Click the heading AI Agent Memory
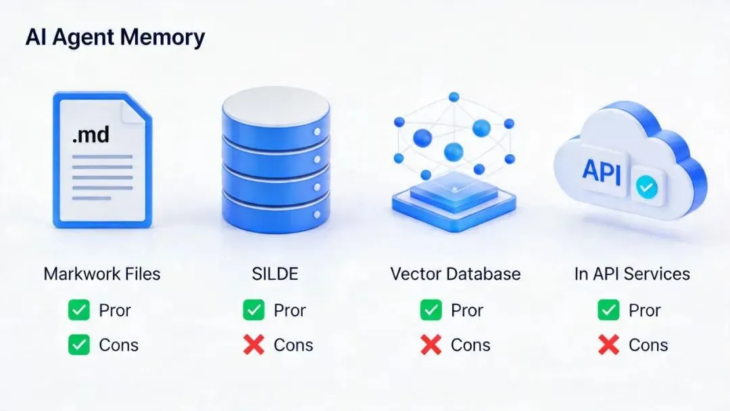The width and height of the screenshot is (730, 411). tap(115, 37)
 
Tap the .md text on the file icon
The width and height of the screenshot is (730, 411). tap(91, 135)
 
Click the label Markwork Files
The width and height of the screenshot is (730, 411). tap(102, 274)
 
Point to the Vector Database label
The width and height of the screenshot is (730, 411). tap(455, 274)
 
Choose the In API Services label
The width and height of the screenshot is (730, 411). tap(632, 274)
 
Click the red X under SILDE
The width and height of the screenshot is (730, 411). tap(253, 345)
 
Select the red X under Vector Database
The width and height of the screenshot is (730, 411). tap(431, 345)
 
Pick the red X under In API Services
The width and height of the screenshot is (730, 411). tap(608, 345)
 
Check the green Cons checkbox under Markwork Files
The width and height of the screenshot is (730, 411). tap(79, 345)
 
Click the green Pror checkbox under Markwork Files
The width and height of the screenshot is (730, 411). tap(79, 311)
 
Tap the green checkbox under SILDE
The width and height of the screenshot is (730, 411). tap(253, 311)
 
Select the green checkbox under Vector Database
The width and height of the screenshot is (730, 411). tap(431, 311)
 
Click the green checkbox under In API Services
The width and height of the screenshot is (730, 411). tap(608, 311)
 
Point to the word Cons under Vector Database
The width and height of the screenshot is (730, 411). tap(470, 345)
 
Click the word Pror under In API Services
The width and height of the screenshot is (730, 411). tap(645, 311)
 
